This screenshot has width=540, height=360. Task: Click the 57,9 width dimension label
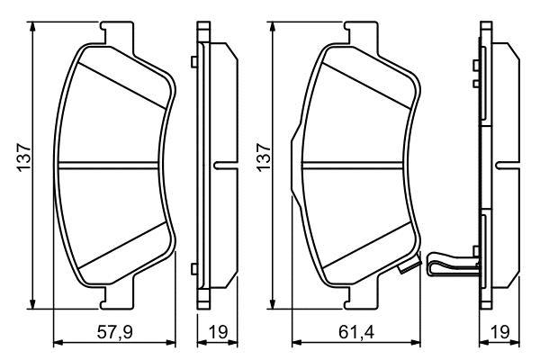pos(114,333)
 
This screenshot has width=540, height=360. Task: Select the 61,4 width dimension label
pos(356,333)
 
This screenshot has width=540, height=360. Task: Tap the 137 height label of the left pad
pos(24,158)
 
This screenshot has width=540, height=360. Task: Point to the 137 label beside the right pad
pos(264,158)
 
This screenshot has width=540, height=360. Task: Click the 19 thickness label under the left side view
pos(219,332)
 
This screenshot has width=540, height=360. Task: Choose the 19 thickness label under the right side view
pos(499,332)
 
